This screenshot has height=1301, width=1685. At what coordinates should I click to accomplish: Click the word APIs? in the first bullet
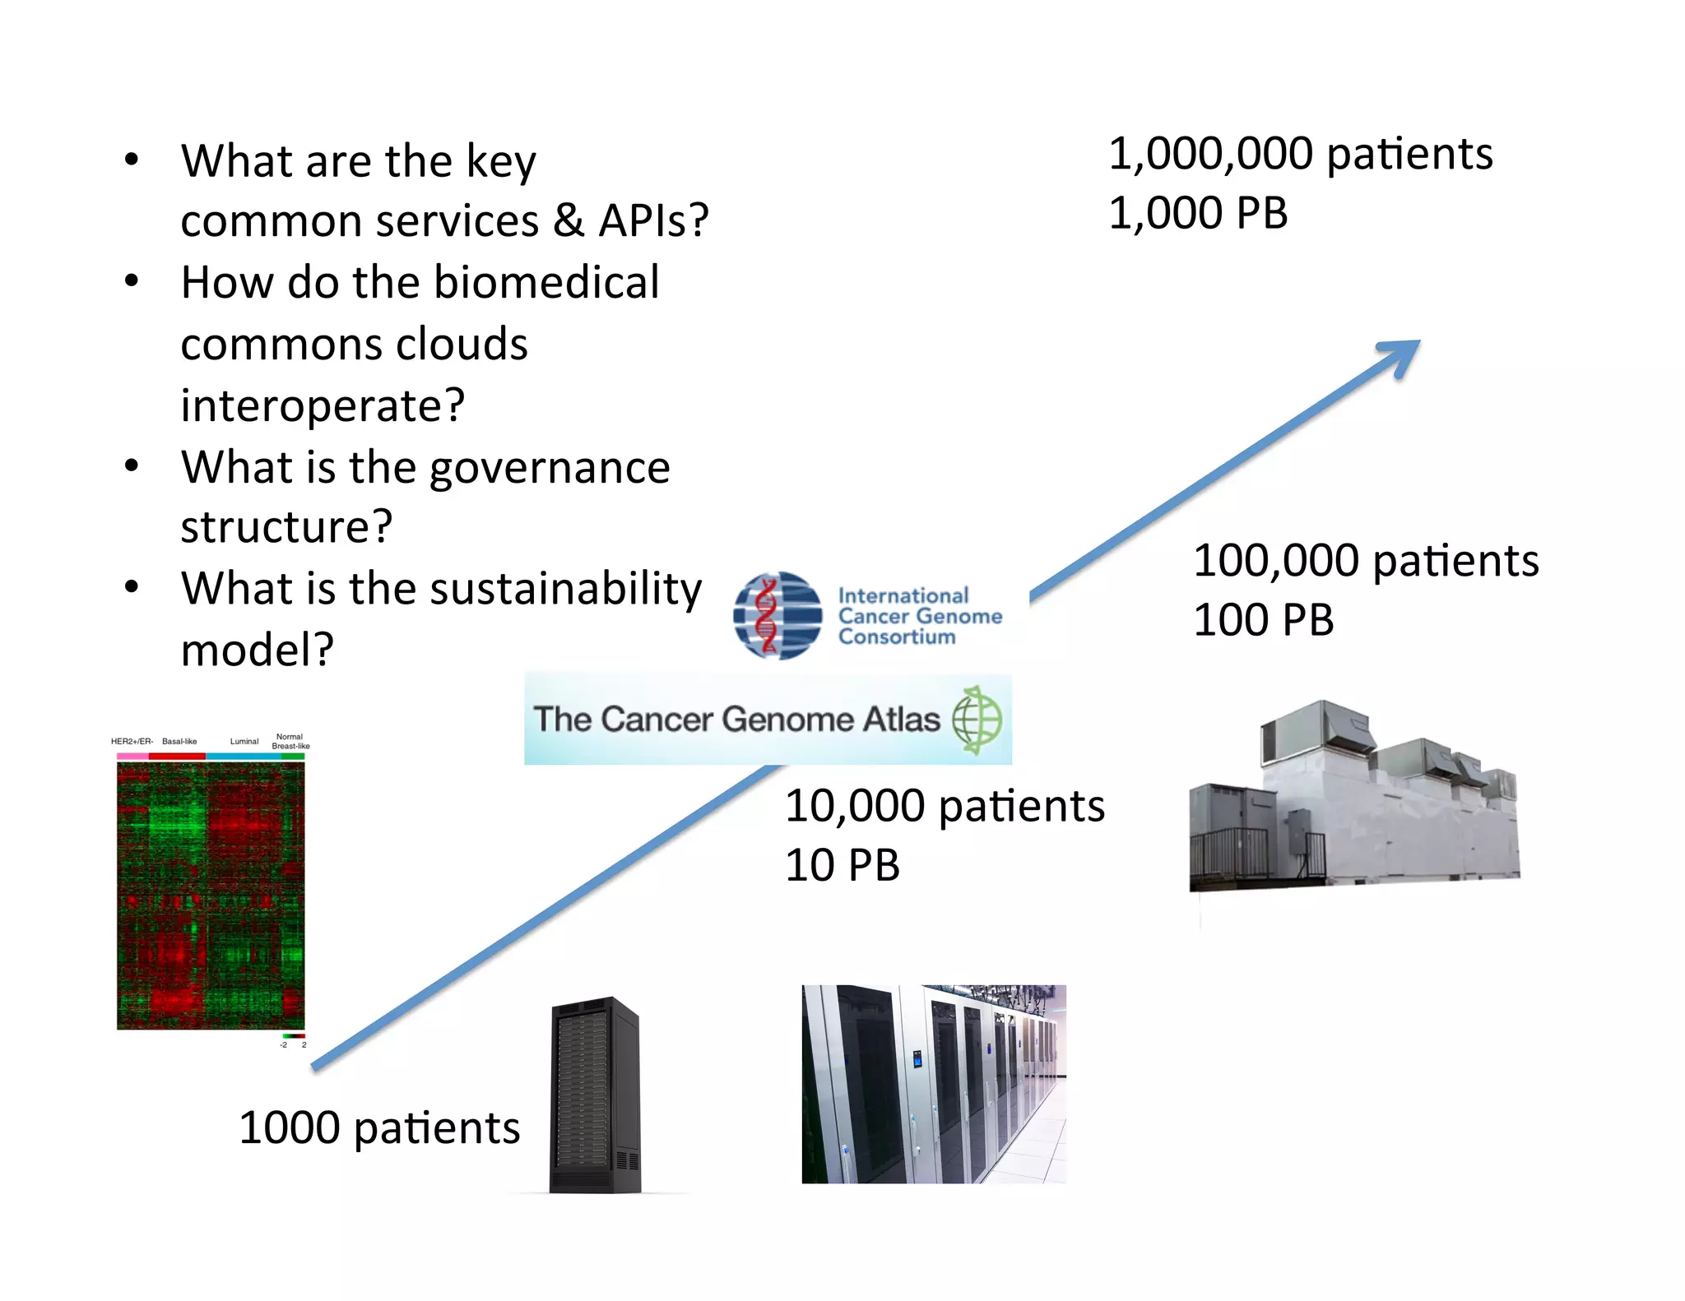pyautogui.click(x=653, y=220)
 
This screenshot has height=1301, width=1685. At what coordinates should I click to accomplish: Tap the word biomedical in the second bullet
pyautogui.click(x=546, y=283)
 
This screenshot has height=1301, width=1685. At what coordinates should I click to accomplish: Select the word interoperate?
pyautogui.click(x=323, y=405)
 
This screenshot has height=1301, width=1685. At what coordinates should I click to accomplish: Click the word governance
pyautogui.click(x=550, y=468)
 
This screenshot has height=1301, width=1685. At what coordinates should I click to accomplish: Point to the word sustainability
pyautogui.click(x=565, y=589)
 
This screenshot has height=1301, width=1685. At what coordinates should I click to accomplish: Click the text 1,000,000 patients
pyautogui.click(x=1300, y=154)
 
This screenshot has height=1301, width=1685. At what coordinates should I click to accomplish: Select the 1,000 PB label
pyautogui.click(x=1198, y=214)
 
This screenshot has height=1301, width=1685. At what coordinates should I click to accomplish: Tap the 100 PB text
pyautogui.click(x=1263, y=620)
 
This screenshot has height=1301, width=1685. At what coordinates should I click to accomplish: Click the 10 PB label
pyautogui.click(x=842, y=865)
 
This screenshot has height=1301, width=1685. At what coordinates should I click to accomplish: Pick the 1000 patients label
pyautogui.click(x=379, y=1127)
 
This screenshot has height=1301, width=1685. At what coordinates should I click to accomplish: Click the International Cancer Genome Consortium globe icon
pyautogui.click(x=778, y=616)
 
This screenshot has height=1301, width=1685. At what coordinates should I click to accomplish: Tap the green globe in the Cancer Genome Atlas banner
pyautogui.click(x=977, y=720)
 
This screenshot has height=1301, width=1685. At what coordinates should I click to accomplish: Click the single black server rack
pyautogui.click(x=596, y=1095)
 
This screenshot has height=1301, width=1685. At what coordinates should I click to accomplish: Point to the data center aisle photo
pyautogui.click(x=934, y=1084)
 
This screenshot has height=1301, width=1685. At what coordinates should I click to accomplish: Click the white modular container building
pyautogui.click(x=1353, y=798)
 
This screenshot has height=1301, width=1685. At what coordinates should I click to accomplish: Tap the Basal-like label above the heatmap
pyautogui.click(x=179, y=742)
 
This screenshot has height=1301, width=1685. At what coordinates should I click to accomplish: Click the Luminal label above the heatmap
pyautogui.click(x=244, y=742)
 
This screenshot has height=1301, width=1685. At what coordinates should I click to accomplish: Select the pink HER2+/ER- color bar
pyautogui.click(x=132, y=756)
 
